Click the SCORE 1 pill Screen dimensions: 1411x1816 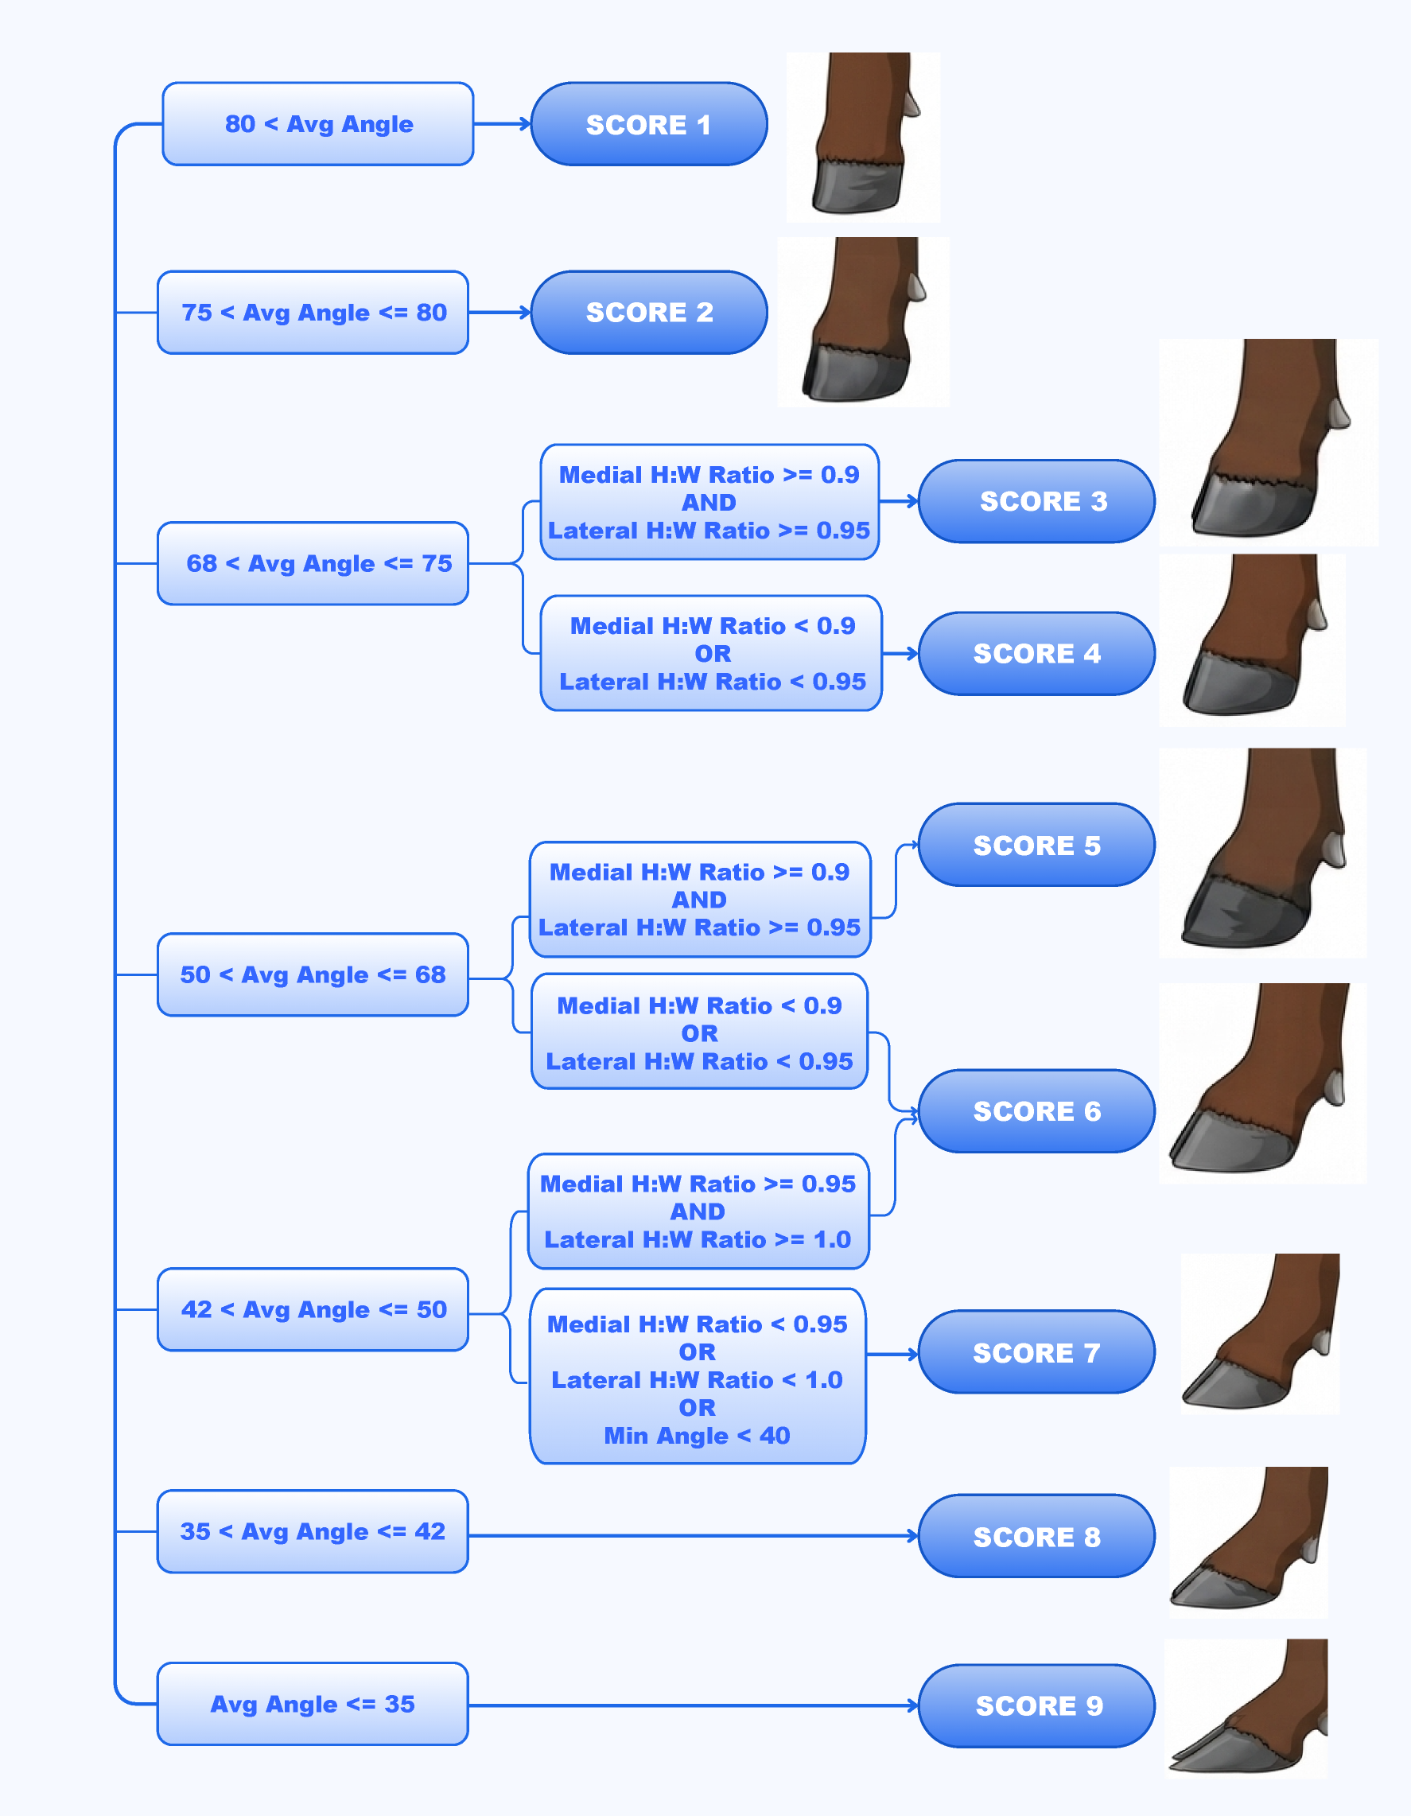pyautogui.click(x=648, y=124)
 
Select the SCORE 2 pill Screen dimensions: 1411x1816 pyautogui.click(x=648, y=312)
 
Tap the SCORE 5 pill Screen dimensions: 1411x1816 pyautogui.click(x=1036, y=845)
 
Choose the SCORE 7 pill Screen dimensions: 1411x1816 pyautogui.click(x=1036, y=1352)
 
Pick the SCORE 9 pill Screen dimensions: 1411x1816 pyautogui.click(x=1036, y=1705)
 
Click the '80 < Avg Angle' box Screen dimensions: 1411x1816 pyautogui.click(x=318, y=124)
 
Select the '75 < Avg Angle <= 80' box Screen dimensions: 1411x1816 pyautogui.click(x=313, y=313)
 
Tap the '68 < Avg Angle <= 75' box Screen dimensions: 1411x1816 pyautogui.click(x=313, y=564)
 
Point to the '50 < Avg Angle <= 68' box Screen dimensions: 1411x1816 pyautogui.click(x=313, y=974)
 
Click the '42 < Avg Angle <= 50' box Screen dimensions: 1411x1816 pyautogui.click(x=313, y=1309)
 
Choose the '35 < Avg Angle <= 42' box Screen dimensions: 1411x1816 pyautogui.click(x=313, y=1531)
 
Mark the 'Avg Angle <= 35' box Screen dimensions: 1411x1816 pyautogui.click(x=313, y=1704)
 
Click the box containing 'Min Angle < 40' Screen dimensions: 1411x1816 pyautogui.click(x=698, y=1376)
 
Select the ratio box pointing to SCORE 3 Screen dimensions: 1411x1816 pyautogui.click(x=709, y=502)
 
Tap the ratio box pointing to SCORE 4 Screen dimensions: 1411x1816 pyautogui.click(x=711, y=654)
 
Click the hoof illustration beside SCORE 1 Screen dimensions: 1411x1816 pyautogui.click(x=863, y=137)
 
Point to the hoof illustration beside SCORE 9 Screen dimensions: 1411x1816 pyautogui.click(x=1246, y=1708)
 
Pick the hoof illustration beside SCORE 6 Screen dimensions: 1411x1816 pyautogui.click(x=1262, y=1083)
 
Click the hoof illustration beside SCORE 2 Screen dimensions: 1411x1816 pyautogui.click(x=863, y=322)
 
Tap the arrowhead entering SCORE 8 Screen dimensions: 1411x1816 pyautogui.click(x=914, y=1536)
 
